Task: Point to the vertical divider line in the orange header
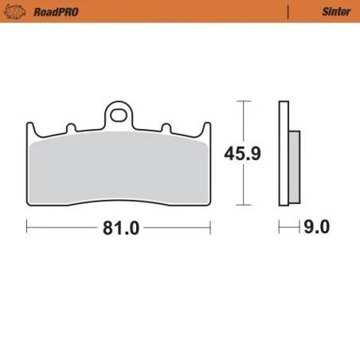(x=287, y=11)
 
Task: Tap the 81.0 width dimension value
(x=119, y=228)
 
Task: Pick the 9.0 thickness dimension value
(x=316, y=228)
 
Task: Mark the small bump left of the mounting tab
(x=70, y=127)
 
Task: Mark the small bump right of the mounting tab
(x=166, y=127)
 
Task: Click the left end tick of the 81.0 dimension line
(x=27, y=228)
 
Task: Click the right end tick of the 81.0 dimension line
(x=209, y=228)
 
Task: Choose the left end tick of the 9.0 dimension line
(x=280, y=228)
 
